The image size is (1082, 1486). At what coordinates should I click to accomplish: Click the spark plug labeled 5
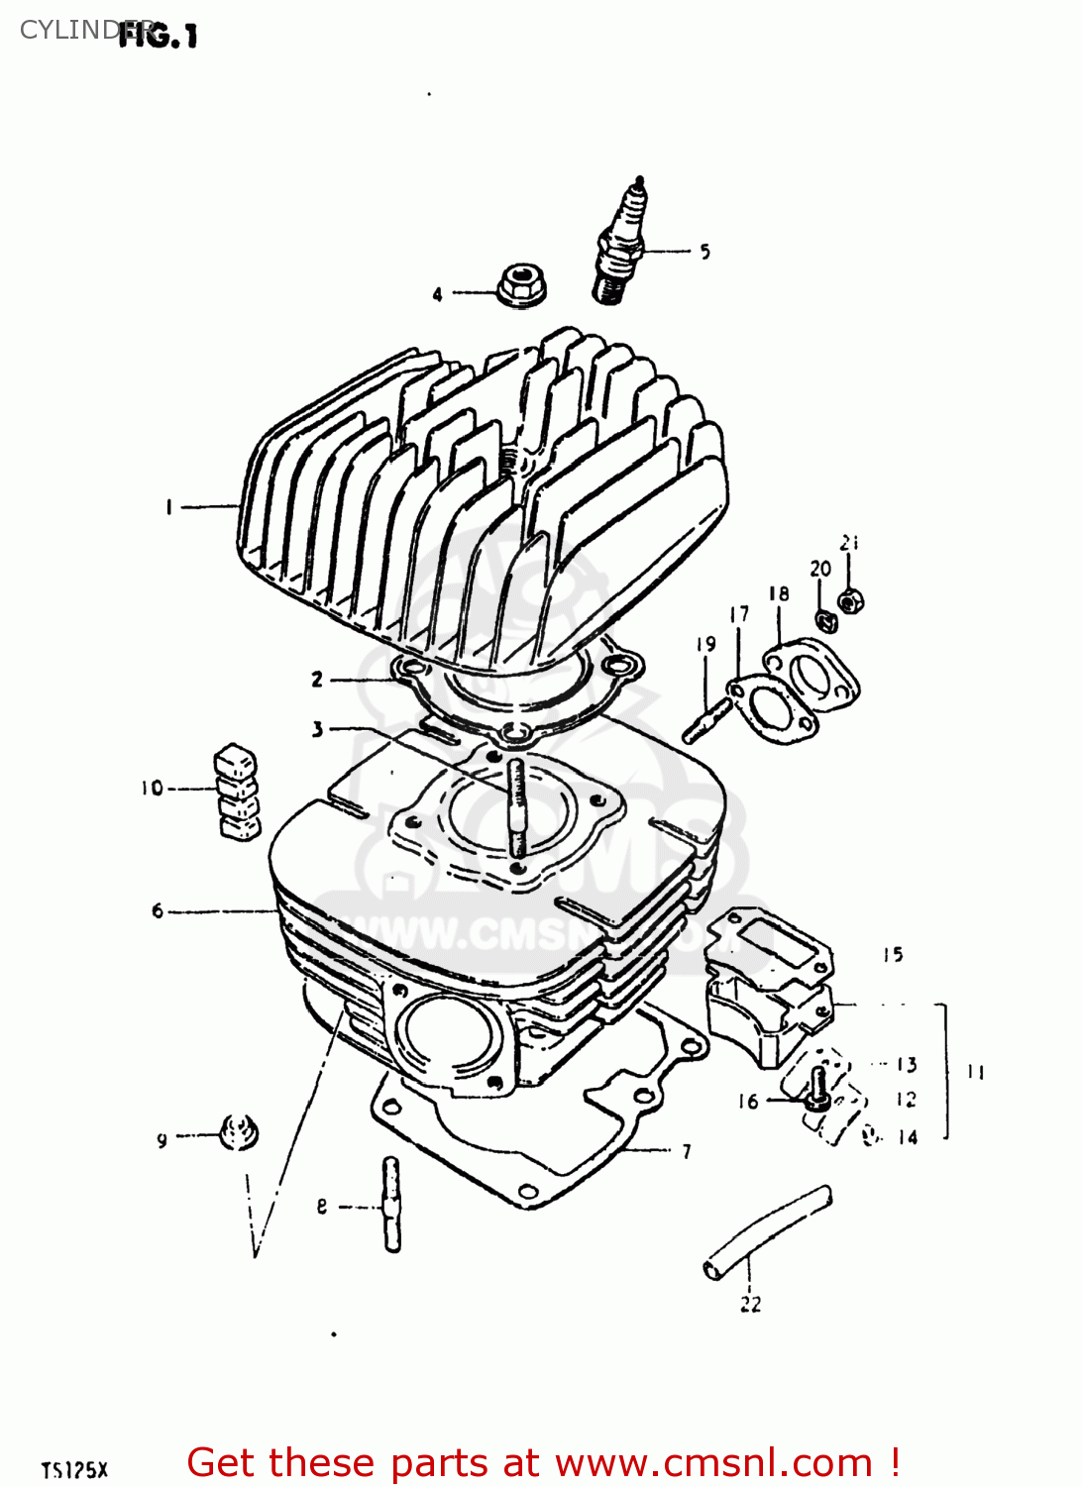point(621,241)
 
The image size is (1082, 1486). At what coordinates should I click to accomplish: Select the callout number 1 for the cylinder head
point(168,507)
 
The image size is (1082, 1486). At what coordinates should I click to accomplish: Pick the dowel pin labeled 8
point(391,1205)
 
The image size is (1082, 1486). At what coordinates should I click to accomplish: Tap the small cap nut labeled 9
point(238,1131)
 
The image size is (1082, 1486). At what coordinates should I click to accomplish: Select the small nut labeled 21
point(849,600)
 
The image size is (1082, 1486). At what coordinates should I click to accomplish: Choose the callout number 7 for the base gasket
point(686,1151)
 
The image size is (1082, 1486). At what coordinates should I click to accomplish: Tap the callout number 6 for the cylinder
point(157,910)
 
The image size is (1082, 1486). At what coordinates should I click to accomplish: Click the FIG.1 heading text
point(159,37)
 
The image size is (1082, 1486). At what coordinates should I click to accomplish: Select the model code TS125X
point(74,1469)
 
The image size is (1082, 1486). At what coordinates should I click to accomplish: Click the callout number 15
point(893,955)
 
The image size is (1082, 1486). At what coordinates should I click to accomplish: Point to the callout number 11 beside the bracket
point(975,1072)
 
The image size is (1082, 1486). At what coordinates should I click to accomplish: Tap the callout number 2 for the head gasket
point(317,679)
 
